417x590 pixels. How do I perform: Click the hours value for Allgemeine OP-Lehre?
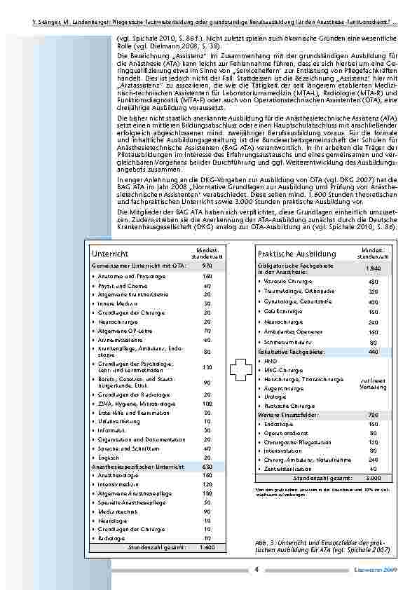(207, 330)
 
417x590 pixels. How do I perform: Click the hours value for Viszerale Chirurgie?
(373, 282)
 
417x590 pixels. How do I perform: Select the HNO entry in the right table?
(269, 361)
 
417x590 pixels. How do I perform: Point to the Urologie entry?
(273, 397)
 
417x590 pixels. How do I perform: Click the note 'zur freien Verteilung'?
(373, 383)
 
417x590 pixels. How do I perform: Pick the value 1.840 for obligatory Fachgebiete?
(373, 268)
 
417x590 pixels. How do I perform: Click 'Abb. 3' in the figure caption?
(264, 543)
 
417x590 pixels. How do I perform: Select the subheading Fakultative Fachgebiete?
(289, 352)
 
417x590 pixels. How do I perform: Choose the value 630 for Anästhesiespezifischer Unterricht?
(207, 466)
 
